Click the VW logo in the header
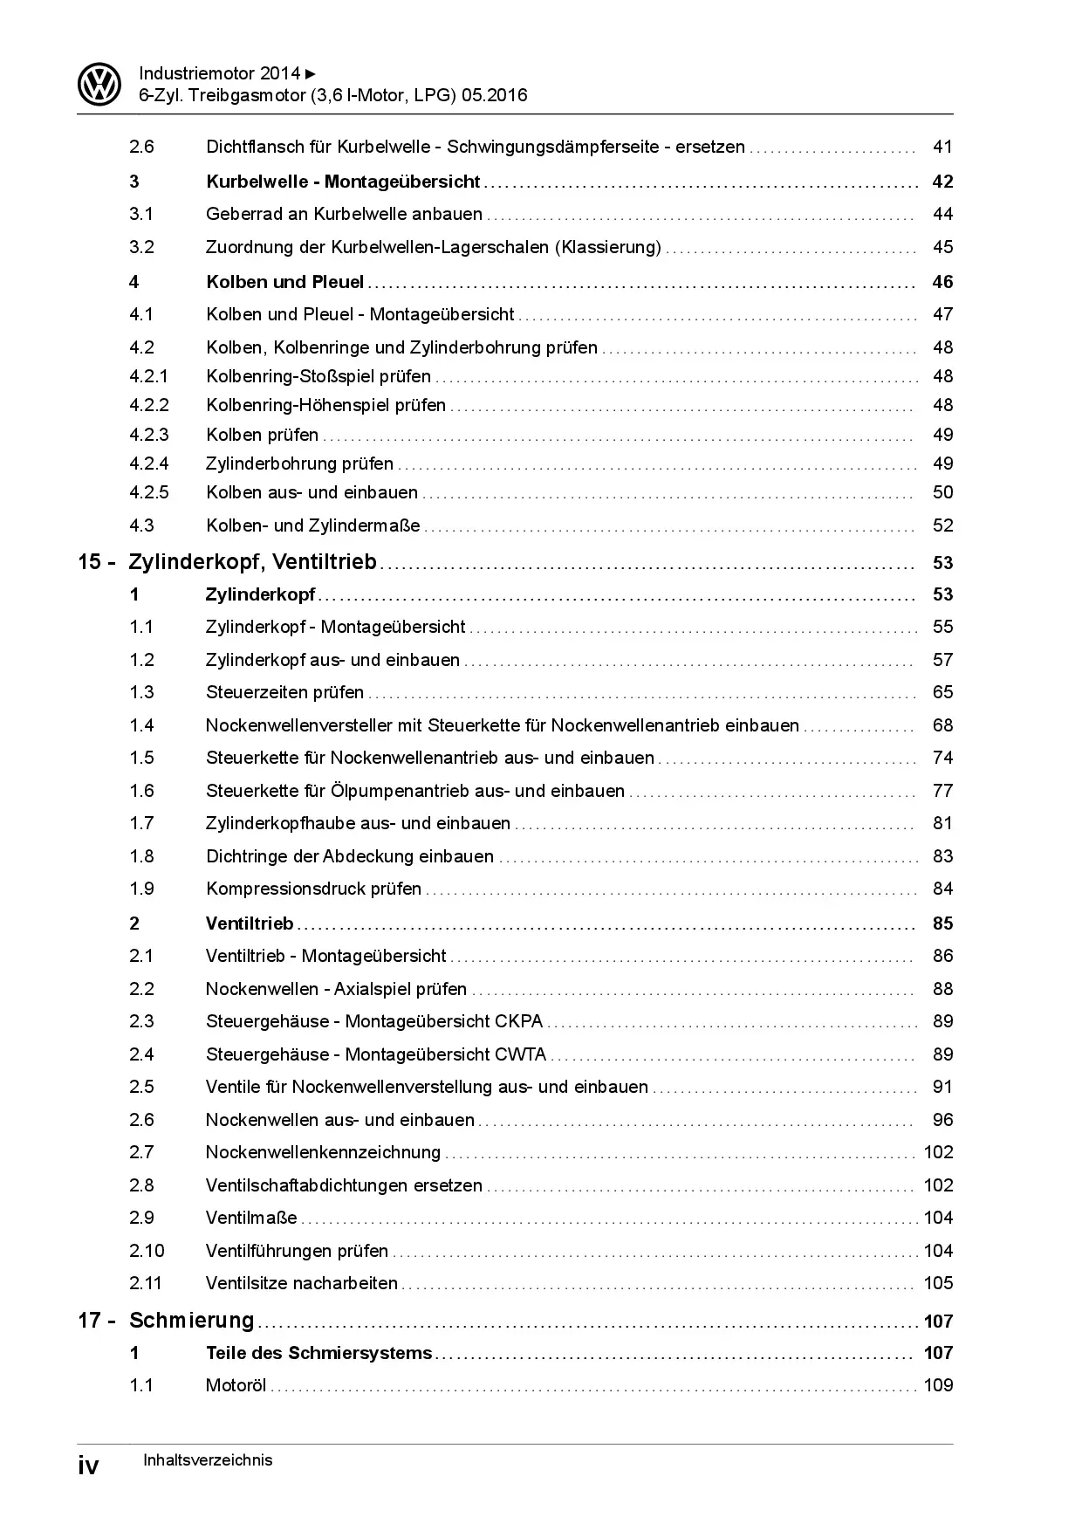tap(100, 85)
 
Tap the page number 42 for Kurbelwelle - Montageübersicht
tap(942, 182)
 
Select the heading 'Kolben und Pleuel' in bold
tap(284, 282)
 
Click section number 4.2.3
tap(149, 435)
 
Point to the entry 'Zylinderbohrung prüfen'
tap(299, 463)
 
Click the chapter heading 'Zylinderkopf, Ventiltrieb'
tap(252, 562)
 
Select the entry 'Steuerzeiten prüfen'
tap(284, 692)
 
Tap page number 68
tap(942, 725)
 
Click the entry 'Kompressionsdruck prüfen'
tap(313, 889)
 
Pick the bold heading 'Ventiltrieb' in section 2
tap(250, 923)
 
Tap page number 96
tap(942, 1120)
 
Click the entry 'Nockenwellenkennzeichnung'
tap(323, 1152)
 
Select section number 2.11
tap(147, 1283)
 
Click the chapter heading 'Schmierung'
tap(191, 1321)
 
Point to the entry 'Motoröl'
tap(236, 1385)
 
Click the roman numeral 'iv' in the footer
tap(89, 1465)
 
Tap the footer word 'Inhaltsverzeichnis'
tap(208, 1460)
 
